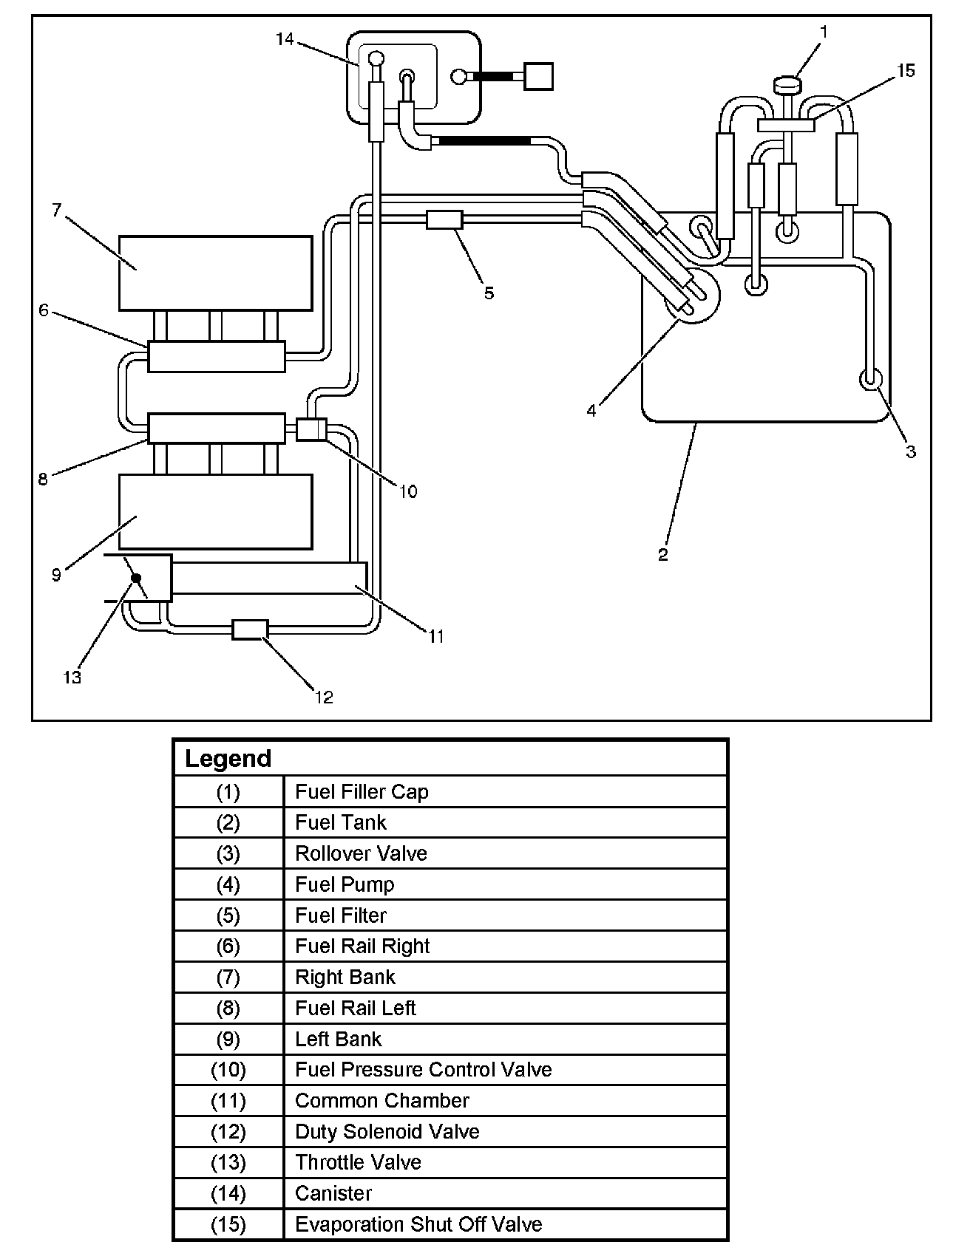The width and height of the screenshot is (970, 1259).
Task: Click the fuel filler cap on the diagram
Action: (x=789, y=85)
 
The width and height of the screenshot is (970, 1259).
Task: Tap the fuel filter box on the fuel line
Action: (x=444, y=219)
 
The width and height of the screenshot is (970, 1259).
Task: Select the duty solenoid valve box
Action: (x=250, y=629)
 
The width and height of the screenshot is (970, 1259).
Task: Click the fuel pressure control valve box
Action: (x=311, y=429)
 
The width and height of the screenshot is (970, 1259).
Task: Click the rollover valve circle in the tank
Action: (x=870, y=379)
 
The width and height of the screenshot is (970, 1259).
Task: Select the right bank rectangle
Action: (x=215, y=273)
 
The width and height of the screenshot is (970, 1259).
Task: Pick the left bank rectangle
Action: (x=215, y=511)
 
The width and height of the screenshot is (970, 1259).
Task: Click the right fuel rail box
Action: (x=216, y=356)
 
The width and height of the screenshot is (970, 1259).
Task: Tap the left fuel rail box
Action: (x=216, y=428)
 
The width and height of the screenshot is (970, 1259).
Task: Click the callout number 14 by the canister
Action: (x=285, y=39)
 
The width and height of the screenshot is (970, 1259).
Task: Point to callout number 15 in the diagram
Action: (x=906, y=71)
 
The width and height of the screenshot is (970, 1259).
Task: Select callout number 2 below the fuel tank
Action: (x=663, y=555)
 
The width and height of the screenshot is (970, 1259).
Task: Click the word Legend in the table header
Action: (x=228, y=759)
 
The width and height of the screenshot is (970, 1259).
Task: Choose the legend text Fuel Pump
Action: (x=345, y=884)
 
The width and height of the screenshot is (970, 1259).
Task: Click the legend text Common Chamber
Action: (x=381, y=1100)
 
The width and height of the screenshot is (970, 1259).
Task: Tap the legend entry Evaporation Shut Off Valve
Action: (x=418, y=1224)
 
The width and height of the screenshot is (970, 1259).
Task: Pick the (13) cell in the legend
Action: (x=228, y=1162)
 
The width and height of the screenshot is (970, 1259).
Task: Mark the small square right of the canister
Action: (x=538, y=76)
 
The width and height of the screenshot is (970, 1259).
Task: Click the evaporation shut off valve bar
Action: (x=785, y=126)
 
